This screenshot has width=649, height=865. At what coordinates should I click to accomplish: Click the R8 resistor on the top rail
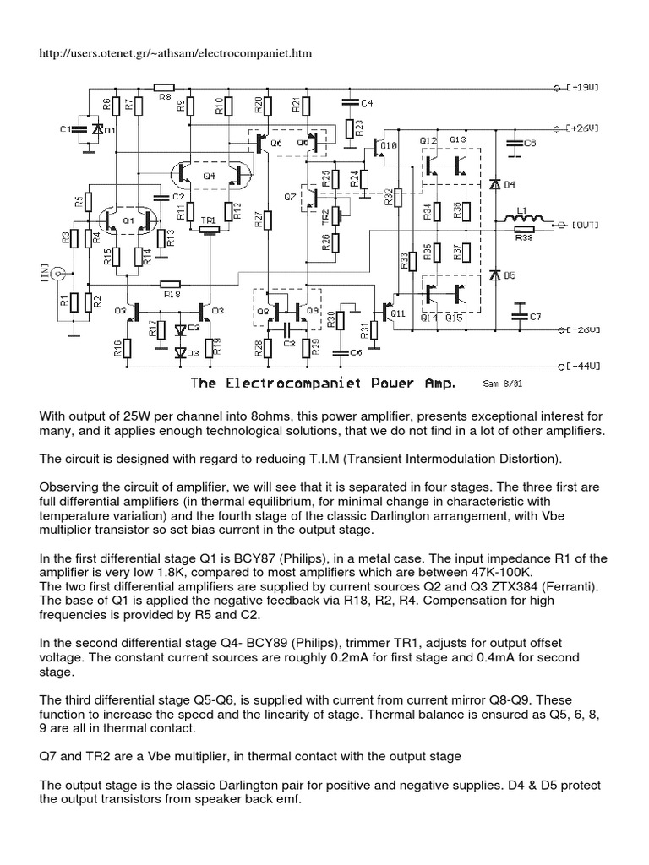(164, 86)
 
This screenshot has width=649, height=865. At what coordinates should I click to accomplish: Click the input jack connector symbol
(58, 274)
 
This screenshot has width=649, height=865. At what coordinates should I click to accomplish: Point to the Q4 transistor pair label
(209, 176)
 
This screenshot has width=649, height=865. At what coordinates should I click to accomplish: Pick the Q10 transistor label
(389, 145)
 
